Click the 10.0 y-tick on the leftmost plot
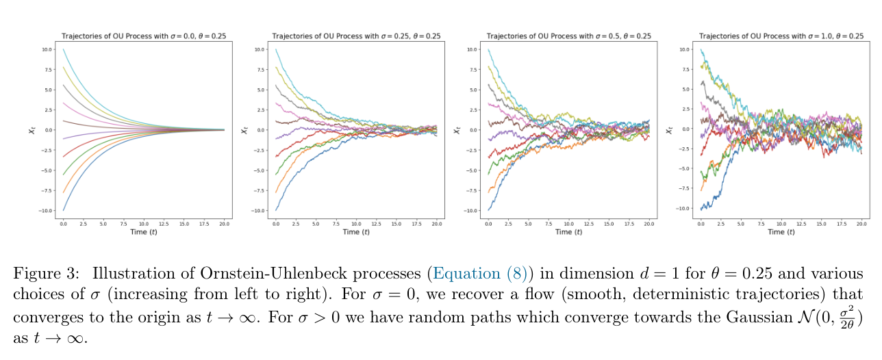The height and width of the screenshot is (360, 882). (46, 49)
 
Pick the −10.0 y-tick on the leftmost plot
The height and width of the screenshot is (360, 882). (45, 211)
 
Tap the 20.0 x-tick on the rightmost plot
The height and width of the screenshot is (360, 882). (863, 224)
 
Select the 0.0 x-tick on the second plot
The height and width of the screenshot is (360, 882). (275, 224)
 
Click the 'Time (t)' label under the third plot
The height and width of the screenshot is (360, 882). (568, 232)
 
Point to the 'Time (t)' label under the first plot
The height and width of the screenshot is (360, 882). (144, 232)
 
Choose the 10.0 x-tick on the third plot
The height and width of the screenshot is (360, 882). (568, 224)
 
